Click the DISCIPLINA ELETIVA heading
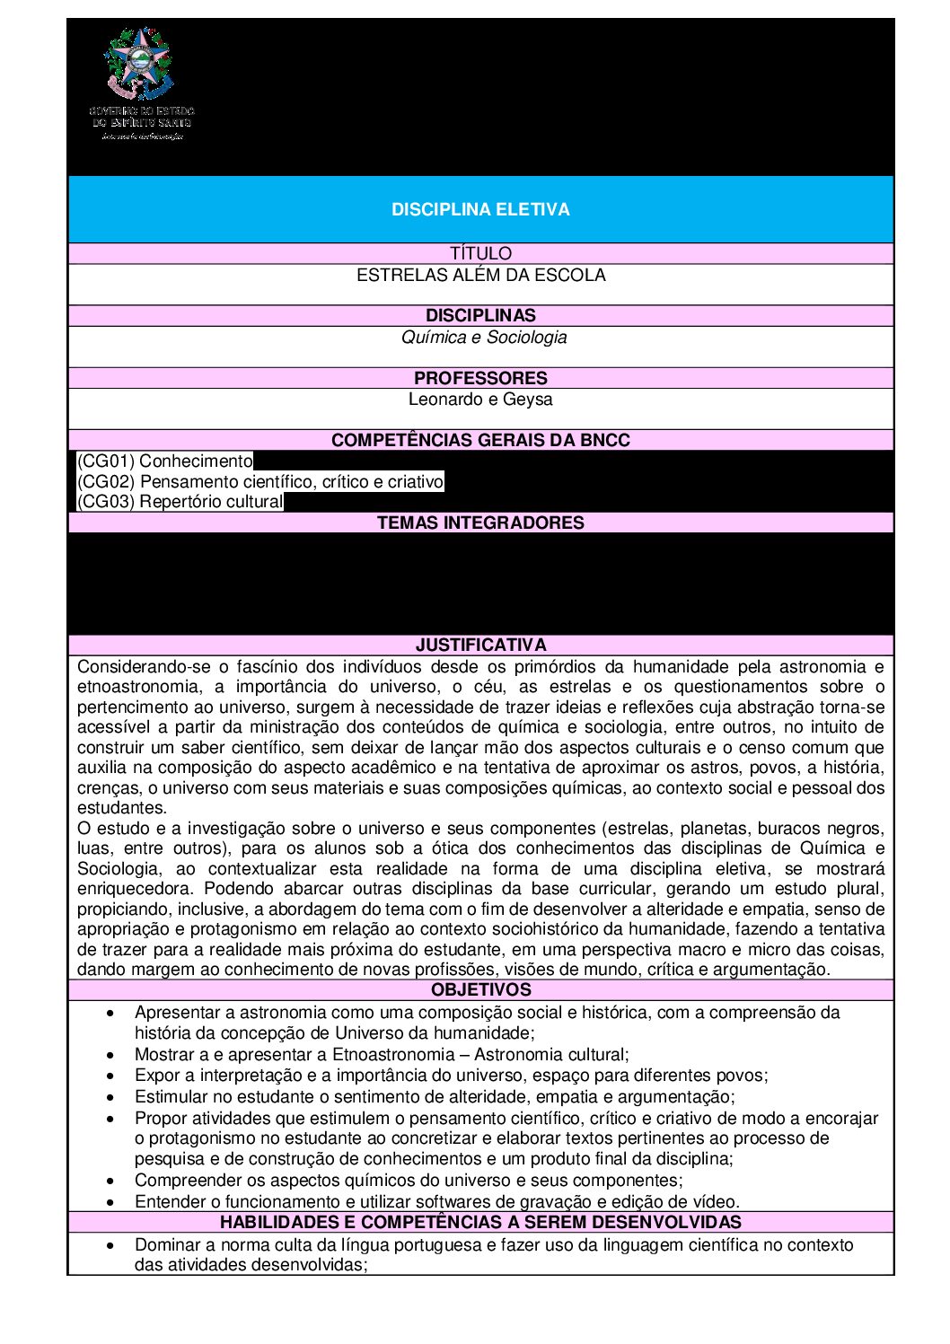480,209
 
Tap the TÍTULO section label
480,253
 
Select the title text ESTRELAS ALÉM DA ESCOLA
480,275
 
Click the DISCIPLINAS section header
480,315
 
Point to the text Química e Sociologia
484,338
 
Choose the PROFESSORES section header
480,378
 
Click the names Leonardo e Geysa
480,400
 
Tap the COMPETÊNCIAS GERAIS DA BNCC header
480,440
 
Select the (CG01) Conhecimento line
165,461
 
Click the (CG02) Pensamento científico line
260,481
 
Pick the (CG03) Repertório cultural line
180,502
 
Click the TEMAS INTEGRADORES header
480,523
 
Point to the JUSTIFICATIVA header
480,645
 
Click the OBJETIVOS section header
480,989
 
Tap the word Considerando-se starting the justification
132,666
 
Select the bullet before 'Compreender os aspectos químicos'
110,1181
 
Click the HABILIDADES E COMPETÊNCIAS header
480,1222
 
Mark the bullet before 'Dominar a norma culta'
110,1245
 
